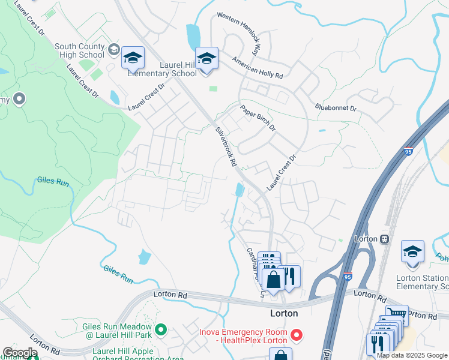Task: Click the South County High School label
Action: [x=79, y=51]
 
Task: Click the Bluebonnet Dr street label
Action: [x=336, y=108]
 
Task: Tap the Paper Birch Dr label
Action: [x=258, y=118]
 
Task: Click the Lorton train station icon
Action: [x=382, y=238]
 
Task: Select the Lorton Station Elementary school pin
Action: [x=412, y=251]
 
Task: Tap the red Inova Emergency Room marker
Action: [x=295, y=333]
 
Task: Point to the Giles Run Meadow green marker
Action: [x=161, y=329]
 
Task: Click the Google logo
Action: [x=19, y=353]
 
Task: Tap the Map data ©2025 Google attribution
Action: [x=412, y=355]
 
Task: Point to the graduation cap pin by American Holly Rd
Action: [x=206, y=59]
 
